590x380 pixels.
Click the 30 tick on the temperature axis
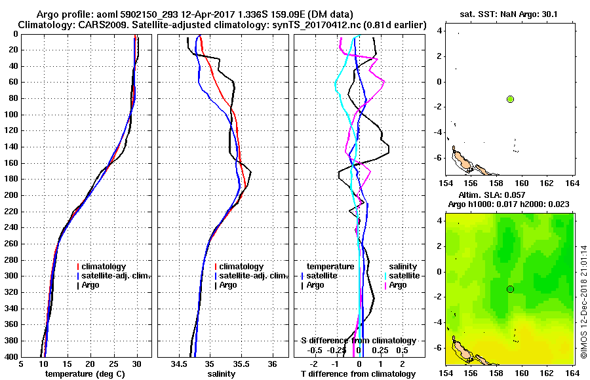(x=137, y=364)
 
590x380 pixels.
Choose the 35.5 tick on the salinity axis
(x=241, y=364)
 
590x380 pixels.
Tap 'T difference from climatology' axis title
(x=358, y=374)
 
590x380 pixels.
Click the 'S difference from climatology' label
(x=358, y=341)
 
